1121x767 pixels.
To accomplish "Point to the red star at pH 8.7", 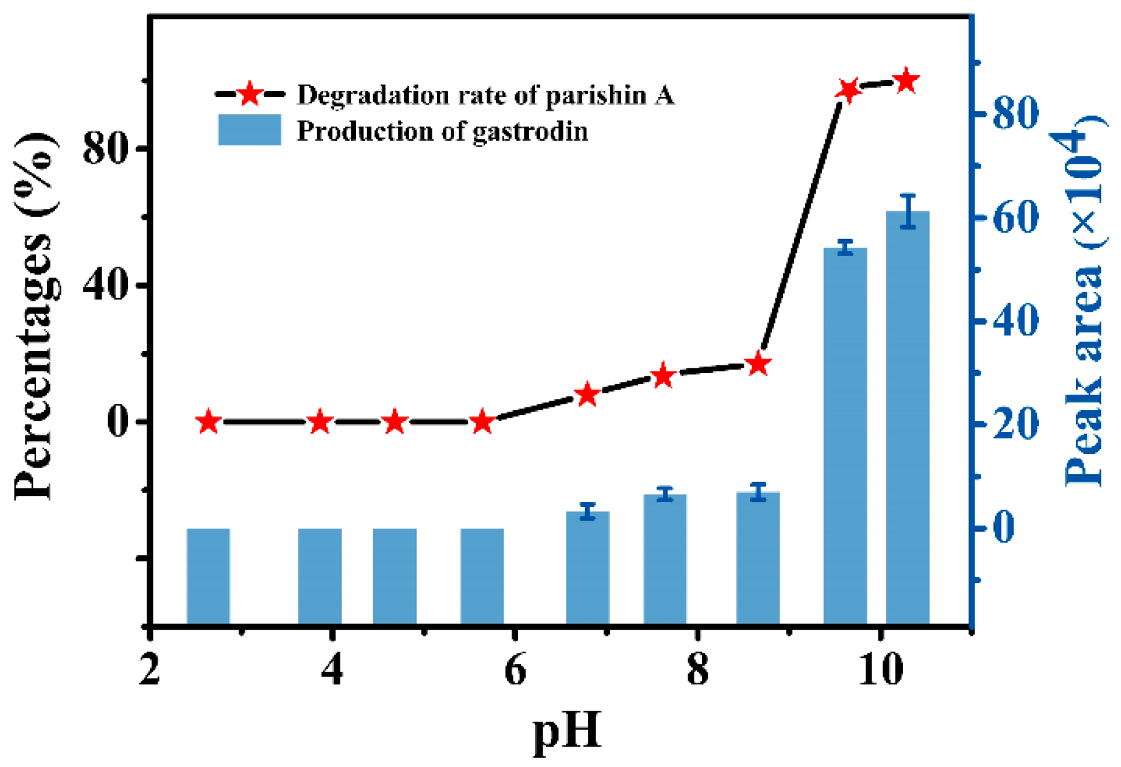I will (x=758, y=364).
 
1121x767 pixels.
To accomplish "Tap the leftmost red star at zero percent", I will (x=209, y=422).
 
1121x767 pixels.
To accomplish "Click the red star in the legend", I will (x=249, y=94).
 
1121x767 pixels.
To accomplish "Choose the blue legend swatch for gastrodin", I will (x=249, y=130).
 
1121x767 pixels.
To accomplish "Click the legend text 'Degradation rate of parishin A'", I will (x=485, y=95).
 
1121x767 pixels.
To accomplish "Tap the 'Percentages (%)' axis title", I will (x=36, y=316).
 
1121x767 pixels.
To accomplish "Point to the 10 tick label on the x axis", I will (x=880, y=670).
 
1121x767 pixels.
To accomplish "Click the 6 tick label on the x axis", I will (x=515, y=670).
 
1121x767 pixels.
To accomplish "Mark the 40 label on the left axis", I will (x=105, y=284).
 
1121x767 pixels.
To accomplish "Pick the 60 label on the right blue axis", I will (x=1015, y=218).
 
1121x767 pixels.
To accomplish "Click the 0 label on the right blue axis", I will (x=1004, y=527).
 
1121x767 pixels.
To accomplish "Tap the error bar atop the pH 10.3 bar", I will (x=908, y=211).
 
